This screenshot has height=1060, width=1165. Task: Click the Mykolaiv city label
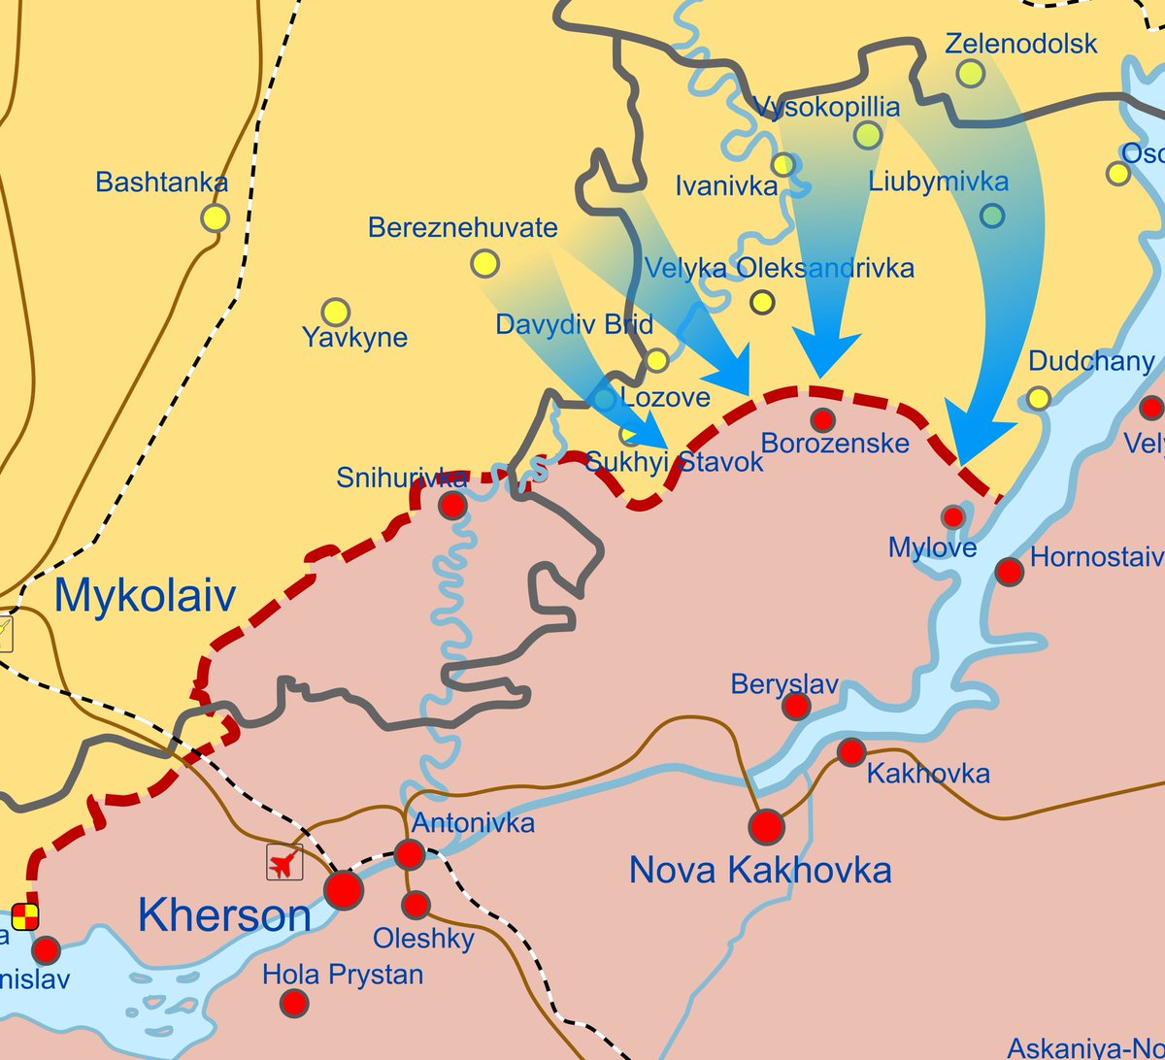(145, 595)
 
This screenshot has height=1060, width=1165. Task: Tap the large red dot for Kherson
(344, 889)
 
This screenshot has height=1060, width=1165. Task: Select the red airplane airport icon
(284, 862)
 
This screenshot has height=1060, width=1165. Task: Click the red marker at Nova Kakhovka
(766, 827)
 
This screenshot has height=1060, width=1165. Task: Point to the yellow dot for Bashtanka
(215, 217)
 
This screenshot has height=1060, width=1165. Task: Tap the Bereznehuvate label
(462, 228)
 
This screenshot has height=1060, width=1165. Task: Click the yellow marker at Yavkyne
(335, 312)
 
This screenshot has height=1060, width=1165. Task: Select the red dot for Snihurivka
(452, 505)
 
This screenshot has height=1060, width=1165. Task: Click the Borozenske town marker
(822, 419)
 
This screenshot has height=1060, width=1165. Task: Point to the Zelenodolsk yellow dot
(970, 73)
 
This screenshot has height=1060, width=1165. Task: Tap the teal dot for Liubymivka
(991, 215)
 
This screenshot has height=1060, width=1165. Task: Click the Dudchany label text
(1090, 362)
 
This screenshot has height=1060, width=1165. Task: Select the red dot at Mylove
(953, 516)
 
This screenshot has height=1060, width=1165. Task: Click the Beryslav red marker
(796, 706)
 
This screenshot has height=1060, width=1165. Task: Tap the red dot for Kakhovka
(851, 751)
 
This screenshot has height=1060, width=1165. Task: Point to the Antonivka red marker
(410, 854)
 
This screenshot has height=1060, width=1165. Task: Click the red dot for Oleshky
(416, 905)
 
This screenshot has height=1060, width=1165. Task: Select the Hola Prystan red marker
(294, 1003)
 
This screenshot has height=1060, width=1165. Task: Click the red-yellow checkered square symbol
(25, 915)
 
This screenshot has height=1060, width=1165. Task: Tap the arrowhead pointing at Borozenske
(825, 353)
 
